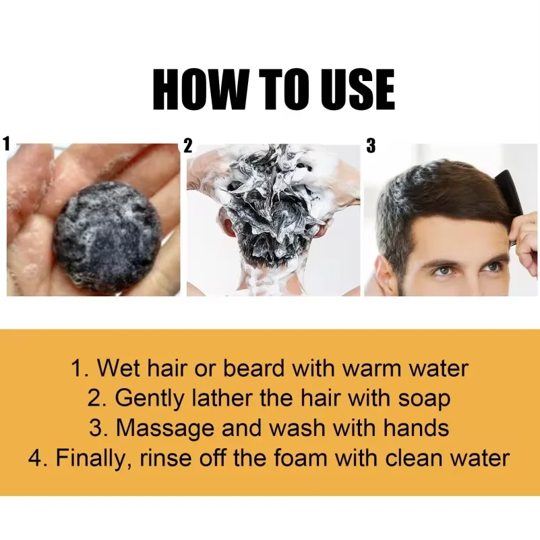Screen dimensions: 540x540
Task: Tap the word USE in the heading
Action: [x=358, y=90]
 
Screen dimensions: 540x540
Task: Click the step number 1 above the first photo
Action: [x=6, y=144]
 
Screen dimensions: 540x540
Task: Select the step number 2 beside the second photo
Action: [x=187, y=146]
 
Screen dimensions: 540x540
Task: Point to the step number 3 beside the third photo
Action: [x=371, y=146]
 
